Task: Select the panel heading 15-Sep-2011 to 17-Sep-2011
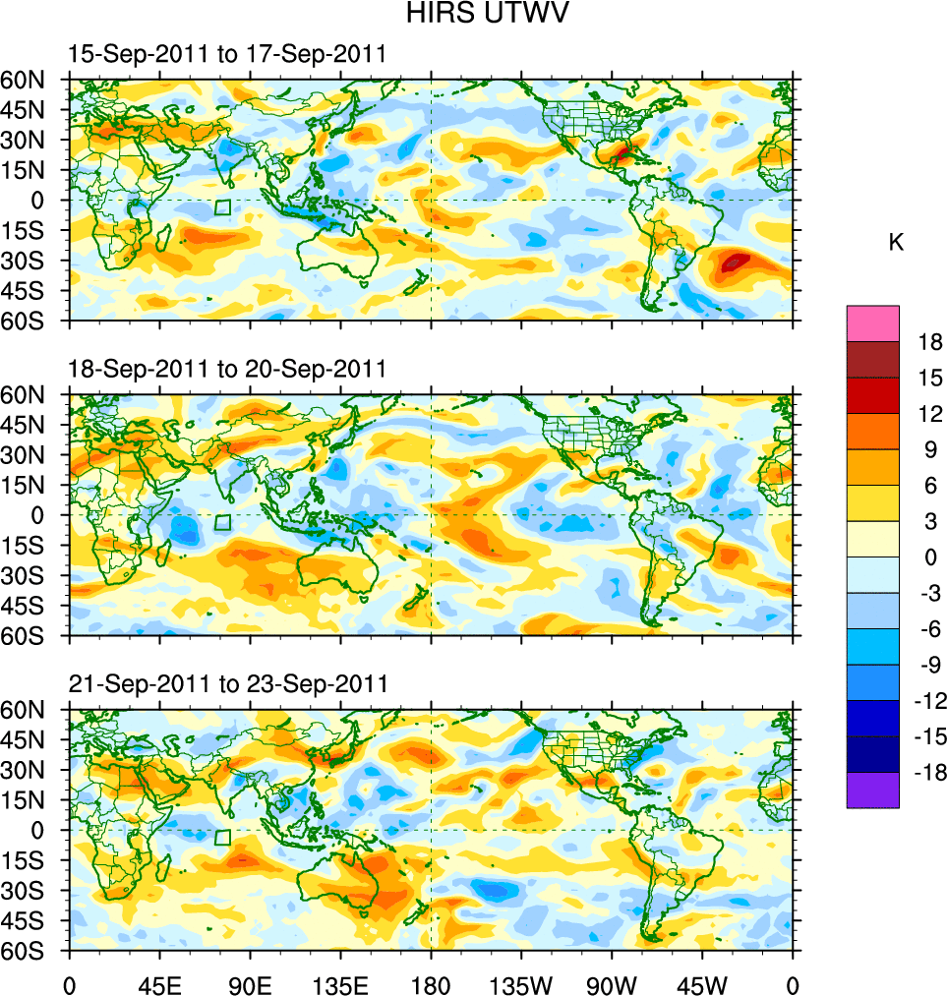tap(227, 55)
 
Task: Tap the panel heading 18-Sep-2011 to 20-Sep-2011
tap(227, 369)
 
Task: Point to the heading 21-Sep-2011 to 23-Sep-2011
tap(227, 683)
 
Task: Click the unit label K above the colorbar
tap(896, 243)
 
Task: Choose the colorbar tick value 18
tap(930, 342)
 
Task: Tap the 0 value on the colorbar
tap(925, 557)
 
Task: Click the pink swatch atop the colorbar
tap(872, 323)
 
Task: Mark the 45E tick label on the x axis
tap(159, 983)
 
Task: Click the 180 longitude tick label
tap(431, 983)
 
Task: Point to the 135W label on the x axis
tap(520, 983)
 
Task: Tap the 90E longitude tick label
tap(250, 983)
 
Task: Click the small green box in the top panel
tap(223, 207)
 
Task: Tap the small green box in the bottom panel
tap(223, 837)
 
